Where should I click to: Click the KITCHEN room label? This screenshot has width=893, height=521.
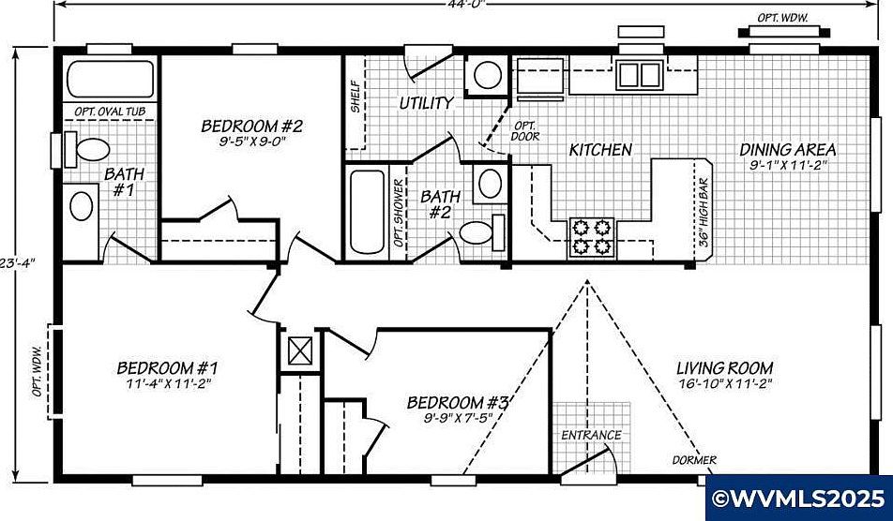pos(600,150)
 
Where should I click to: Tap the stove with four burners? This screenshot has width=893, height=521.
pos(590,238)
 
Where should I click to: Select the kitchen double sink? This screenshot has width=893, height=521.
pos(640,74)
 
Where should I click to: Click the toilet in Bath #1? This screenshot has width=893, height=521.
pos(92,148)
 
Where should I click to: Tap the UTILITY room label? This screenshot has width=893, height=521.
pos(427,103)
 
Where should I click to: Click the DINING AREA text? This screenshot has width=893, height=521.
pos(788,150)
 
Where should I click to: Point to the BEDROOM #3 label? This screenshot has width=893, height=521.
pos(458,403)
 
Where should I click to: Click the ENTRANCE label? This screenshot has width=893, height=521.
pos(591,435)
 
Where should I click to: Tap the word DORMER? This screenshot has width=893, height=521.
pos(695,460)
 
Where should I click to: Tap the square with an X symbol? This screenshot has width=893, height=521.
pos(300,351)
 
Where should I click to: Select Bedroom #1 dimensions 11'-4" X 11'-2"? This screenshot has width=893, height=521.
pos(167,384)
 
